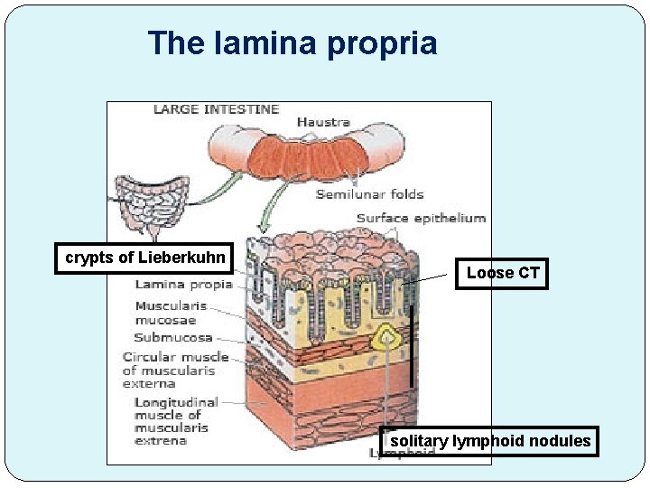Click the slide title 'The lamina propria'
(292, 43)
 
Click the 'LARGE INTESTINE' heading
(217, 109)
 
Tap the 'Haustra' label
(323, 122)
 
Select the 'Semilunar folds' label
(369, 194)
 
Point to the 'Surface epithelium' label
(421, 218)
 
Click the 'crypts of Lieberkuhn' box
(145, 258)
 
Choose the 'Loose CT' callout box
(503, 273)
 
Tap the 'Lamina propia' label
(183, 284)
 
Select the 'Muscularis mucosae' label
(172, 313)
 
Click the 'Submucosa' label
(173, 338)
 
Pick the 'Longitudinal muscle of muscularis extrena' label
(176, 421)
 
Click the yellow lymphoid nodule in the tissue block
(389, 337)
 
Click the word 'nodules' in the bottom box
(562, 441)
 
